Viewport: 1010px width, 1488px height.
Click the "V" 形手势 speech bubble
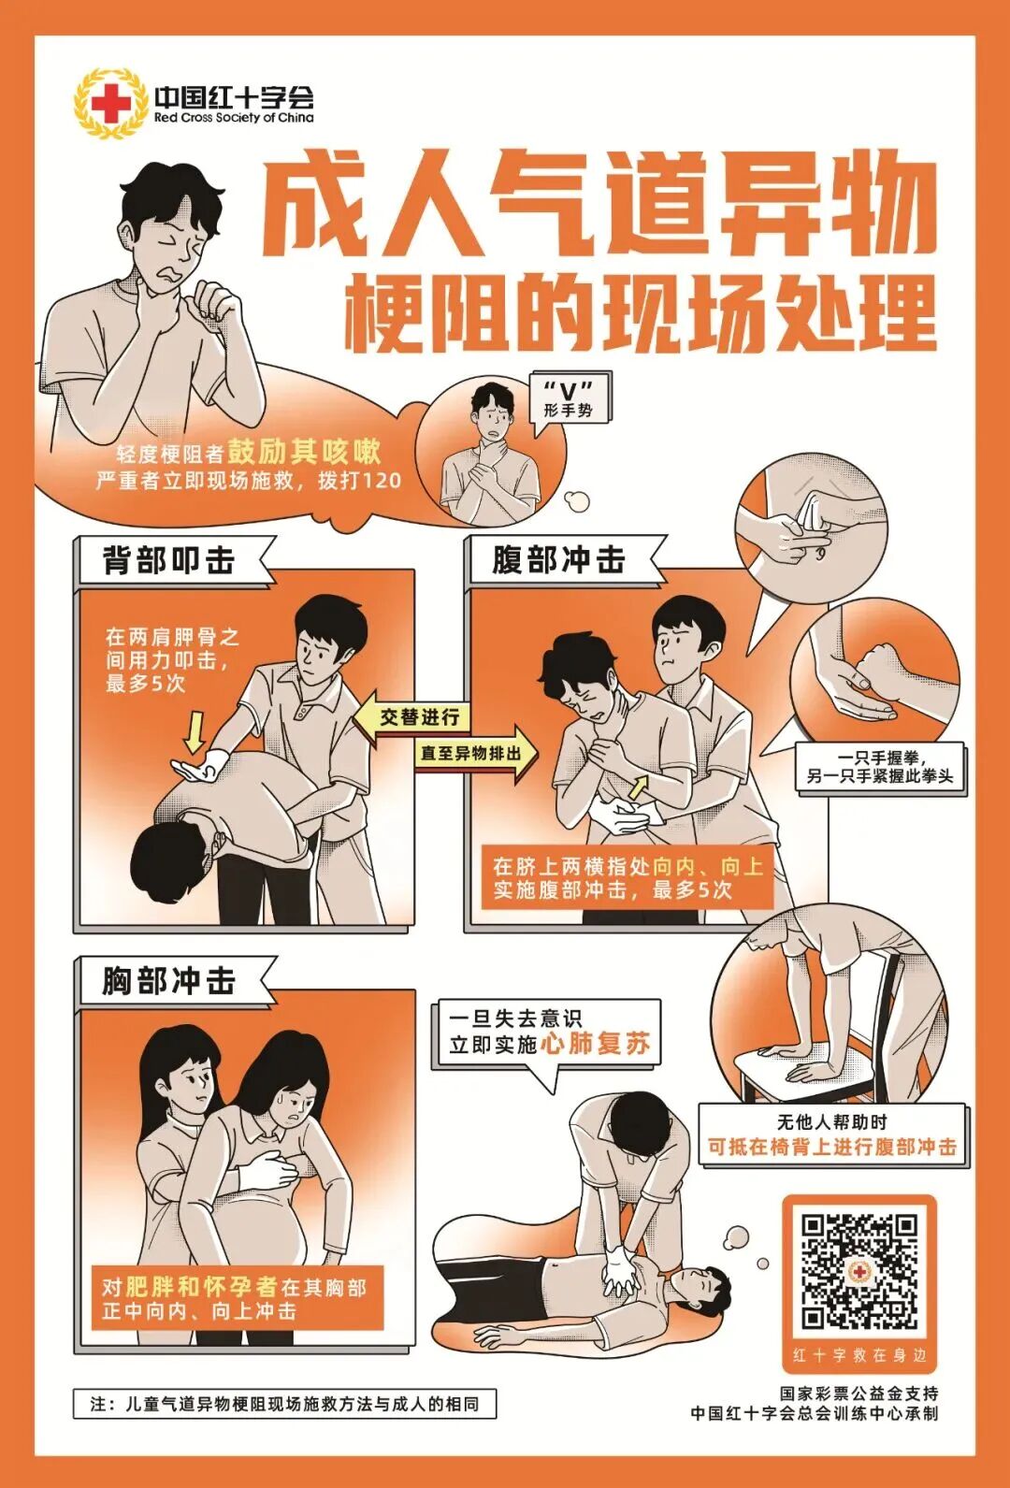point(569,400)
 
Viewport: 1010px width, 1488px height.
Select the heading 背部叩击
point(169,561)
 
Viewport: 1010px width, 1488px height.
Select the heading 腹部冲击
point(559,560)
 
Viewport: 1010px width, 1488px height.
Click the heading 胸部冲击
point(169,981)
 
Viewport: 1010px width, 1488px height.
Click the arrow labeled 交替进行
point(411,717)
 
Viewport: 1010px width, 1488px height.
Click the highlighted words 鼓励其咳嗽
point(304,452)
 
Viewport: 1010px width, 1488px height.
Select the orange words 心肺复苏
point(596,1044)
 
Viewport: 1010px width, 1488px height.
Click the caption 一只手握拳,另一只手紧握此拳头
point(879,767)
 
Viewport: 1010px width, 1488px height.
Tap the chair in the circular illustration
point(823,1057)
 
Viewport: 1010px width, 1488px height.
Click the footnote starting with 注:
point(284,1404)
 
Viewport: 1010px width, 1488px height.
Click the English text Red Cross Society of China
point(234,118)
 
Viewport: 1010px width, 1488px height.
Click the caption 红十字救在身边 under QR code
point(858,1355)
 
